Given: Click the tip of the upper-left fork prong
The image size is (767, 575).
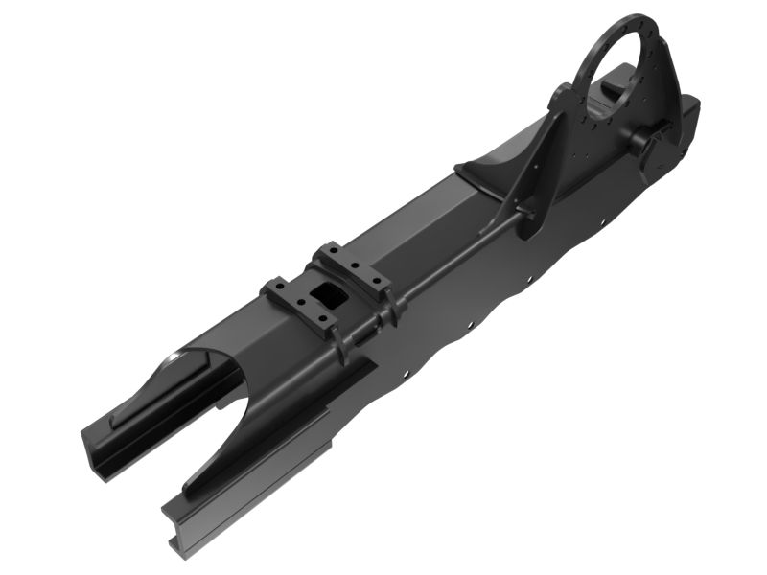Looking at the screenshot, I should tap(96, 446).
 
